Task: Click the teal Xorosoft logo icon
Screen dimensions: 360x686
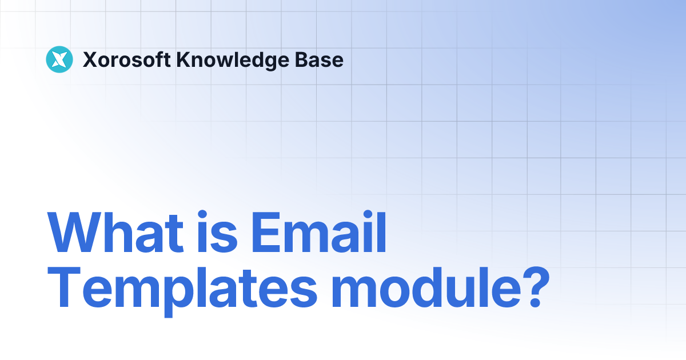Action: [x=59, y=59]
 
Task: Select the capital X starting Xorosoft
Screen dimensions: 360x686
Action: [x=90, y=59]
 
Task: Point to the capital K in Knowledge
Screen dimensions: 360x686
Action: [x=185, y=59]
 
